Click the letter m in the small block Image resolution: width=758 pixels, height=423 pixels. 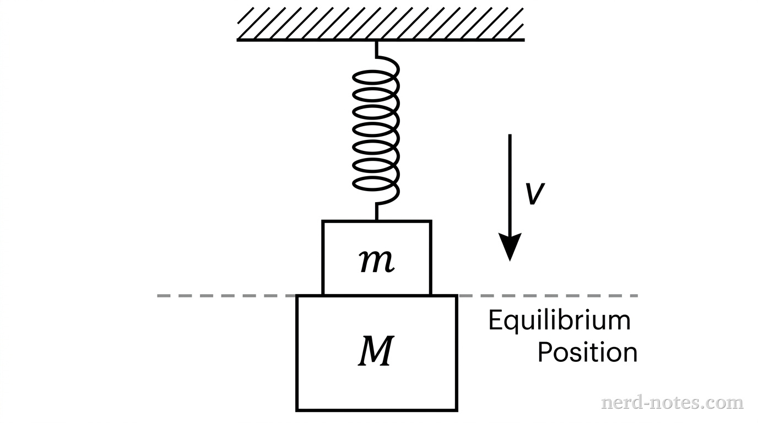(376, 262)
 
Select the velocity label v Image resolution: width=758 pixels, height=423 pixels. (534, 193)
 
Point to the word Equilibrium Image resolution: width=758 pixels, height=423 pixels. (559, 321)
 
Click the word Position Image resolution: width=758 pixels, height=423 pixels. (587, 352)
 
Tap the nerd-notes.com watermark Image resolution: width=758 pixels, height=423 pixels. (672, 403)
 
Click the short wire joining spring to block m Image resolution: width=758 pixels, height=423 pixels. (376, 211)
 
